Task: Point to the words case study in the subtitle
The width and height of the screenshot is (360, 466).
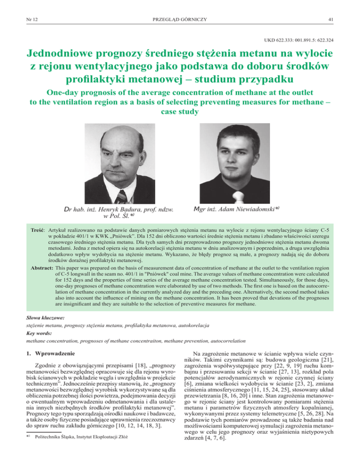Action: click(x=180, y=113)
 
